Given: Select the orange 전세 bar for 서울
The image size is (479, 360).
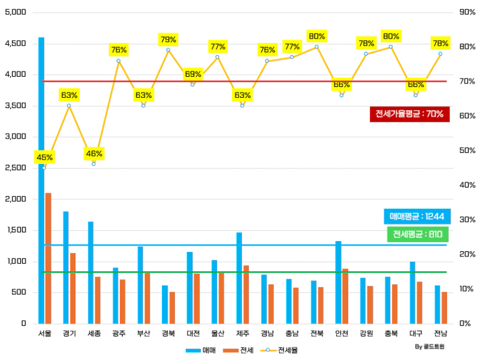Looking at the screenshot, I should (48, 258).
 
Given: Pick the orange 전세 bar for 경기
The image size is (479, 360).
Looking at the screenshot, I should (73, 288).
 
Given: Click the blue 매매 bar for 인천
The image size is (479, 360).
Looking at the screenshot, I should (338, 282).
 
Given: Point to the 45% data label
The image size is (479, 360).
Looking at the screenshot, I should (44, 157).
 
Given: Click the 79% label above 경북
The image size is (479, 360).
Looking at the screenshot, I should (168, 39).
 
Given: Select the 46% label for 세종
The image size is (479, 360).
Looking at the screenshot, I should (94, 153).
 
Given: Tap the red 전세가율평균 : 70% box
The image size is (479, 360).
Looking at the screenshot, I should (409, 114).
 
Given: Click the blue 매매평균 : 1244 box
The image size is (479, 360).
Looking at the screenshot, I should (416, 216).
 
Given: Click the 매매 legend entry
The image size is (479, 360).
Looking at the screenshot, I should (201, 349).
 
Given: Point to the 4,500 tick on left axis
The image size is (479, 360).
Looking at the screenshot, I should (16, 43).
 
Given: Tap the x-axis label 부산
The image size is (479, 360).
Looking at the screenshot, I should (144, 334).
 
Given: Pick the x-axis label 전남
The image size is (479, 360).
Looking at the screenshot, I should (440, 334).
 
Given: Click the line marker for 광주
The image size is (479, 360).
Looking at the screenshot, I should (119, 61).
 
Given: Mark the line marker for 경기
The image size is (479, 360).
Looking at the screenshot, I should (69, 106).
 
